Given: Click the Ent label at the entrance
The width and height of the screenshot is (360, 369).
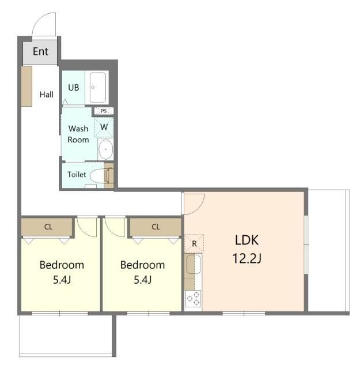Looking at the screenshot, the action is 40,51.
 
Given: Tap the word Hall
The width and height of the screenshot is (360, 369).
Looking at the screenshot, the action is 46,95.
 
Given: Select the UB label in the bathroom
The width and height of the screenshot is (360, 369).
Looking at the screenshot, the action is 73,88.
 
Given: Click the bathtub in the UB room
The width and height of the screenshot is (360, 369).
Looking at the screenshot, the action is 97,88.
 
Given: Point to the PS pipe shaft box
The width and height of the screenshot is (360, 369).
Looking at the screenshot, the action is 104,111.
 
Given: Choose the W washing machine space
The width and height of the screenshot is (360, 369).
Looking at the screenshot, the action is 104,127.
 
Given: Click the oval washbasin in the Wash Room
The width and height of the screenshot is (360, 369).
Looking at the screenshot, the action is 105,149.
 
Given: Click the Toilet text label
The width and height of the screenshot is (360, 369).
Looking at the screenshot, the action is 77,174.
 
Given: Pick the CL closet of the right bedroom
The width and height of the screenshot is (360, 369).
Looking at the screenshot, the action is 156,227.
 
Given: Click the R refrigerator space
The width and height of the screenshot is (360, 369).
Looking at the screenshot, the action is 194,243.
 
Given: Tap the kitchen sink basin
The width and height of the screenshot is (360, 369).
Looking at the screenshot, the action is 194,264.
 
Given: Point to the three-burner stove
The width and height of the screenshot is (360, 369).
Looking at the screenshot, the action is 193,299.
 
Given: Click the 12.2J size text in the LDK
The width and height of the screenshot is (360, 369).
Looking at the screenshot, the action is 247,258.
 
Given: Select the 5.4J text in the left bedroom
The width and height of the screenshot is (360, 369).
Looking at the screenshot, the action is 62,280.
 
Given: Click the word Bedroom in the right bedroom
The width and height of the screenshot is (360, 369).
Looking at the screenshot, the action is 142,265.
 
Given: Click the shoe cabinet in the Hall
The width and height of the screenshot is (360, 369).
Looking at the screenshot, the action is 26,86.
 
